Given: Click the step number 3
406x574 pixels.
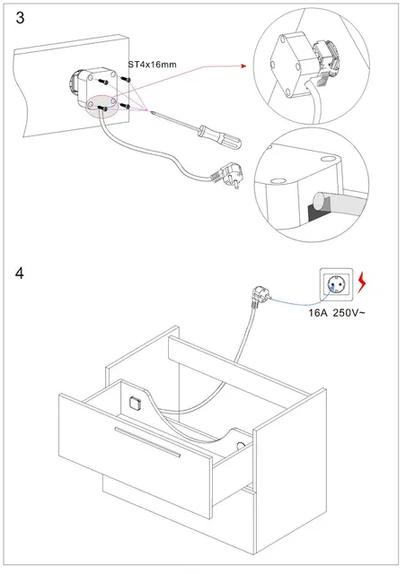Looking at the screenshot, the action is (20, 18).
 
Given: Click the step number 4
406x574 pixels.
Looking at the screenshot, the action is (20, 274).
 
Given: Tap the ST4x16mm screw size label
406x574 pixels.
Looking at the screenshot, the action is (152, 65).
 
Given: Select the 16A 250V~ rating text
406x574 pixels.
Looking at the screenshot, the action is (337, 313).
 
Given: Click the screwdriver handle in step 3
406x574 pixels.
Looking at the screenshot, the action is (220, 136).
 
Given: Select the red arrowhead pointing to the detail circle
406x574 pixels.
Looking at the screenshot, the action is (243, 65).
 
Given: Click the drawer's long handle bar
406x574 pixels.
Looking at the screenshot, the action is (147, 442).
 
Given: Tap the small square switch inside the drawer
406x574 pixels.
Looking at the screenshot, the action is (135, 403).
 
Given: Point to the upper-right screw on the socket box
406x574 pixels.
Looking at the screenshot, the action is (126, 80).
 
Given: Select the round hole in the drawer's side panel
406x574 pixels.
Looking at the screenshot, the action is (241, 446).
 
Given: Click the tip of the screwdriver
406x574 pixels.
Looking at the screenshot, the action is (150, 110).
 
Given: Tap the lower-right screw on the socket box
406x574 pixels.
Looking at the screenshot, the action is (125, 106).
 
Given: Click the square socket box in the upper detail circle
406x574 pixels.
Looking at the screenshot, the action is (292, 65).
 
